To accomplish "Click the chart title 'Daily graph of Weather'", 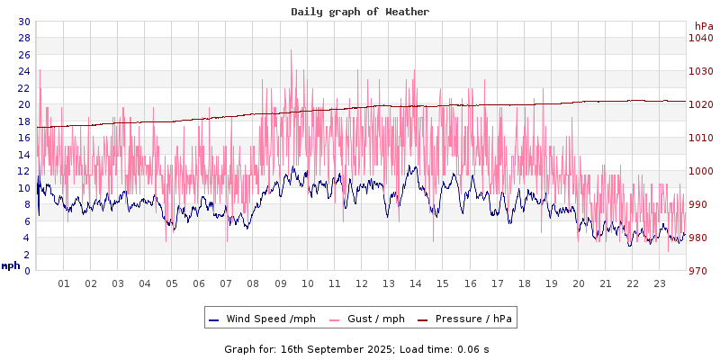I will pos(360,12).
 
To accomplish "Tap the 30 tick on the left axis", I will pos(23,22).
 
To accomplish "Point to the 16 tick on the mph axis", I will pos(23,138).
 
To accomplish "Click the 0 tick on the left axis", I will pos(27,271).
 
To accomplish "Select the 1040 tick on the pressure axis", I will pos(700,38).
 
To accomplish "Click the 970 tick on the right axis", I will pos(700,271).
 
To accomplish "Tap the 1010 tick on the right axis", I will pos(700,138).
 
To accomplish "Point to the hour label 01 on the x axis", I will pos(64,283).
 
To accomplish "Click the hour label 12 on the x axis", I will pos(362,283).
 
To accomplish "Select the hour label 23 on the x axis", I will pos(660,283).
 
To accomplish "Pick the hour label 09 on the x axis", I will pos(281,283).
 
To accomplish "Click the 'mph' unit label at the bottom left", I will pos(11,265).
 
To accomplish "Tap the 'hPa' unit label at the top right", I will pos(704,26).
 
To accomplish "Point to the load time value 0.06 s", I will pos(472,348).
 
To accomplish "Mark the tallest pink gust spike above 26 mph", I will pos(292,51).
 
